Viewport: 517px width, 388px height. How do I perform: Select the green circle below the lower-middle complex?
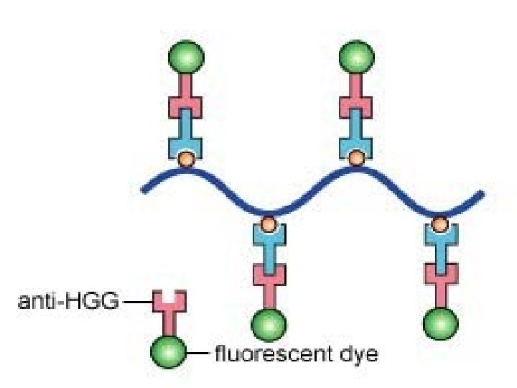coord(269,324)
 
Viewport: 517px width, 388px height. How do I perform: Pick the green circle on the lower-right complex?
coord(439,324)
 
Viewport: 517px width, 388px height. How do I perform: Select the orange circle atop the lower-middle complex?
coord(269,224)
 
